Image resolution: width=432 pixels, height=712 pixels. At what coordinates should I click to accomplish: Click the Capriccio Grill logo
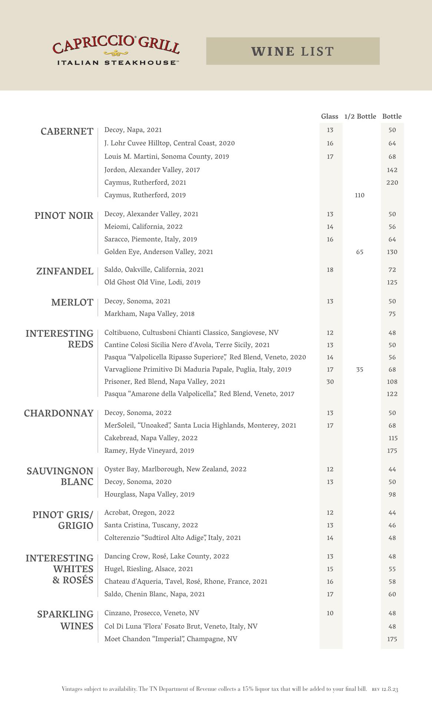point(116,51)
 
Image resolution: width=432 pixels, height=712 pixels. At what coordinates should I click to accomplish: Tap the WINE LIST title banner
point(293,51)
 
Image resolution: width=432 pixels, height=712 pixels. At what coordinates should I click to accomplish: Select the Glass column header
point(329,116)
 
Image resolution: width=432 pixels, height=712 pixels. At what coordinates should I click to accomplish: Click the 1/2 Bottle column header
point(360,116)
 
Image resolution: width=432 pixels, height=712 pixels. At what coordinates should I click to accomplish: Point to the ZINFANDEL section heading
point(65,271)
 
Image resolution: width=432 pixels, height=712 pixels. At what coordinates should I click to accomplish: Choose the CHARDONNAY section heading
point(59,413)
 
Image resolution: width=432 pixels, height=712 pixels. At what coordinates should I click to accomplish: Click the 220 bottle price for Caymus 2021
point(392,182)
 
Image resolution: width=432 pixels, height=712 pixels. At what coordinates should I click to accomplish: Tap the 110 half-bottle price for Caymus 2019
point(359,195)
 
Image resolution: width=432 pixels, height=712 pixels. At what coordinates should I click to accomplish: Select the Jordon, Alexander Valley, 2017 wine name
point(152,170)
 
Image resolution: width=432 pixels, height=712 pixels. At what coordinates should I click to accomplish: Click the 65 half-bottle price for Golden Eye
point(359,252)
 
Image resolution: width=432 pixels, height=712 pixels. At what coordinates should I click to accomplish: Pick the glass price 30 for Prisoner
point(330,382)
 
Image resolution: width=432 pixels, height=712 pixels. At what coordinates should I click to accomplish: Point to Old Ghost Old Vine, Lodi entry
point(152,282)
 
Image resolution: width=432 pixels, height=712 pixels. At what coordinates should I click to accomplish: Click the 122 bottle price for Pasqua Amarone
point(392,394)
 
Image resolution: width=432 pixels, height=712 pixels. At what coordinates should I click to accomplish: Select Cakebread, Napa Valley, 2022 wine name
point(151,438)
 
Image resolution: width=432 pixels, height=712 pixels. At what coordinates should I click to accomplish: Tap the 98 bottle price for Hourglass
point(392,494)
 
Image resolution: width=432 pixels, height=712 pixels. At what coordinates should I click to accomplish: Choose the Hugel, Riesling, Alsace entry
point(149,569)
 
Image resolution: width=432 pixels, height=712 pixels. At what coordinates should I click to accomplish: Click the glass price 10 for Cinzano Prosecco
point(330,613)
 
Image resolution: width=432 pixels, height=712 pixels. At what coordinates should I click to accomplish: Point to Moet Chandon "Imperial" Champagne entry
point(171,639)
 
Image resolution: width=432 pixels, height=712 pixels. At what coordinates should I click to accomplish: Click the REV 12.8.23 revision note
point(385,689)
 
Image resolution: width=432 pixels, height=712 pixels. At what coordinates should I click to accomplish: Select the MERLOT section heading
point(72,302)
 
